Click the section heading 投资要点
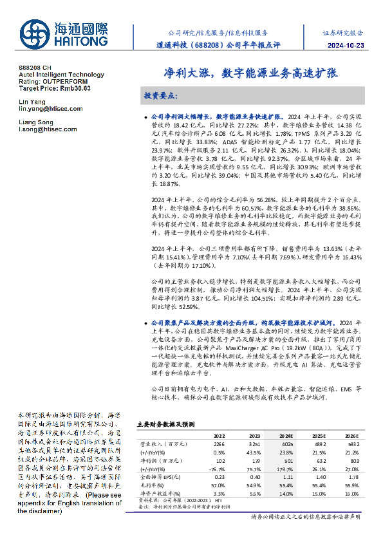tap(160, 95)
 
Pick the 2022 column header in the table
tap(220, 435)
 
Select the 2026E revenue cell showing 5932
tap(351, 444)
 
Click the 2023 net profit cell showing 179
tap(254, 460)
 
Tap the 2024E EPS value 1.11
tap(286, 476)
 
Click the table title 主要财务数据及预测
tap(162, 425)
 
